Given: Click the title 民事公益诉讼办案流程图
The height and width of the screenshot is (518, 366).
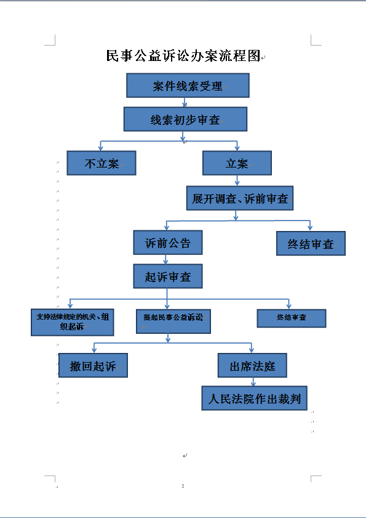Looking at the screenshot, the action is pos(183,55).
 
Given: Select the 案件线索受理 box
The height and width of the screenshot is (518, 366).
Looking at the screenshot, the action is pos(188,86).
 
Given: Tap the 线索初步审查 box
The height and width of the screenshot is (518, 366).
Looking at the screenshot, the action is pos(186,119).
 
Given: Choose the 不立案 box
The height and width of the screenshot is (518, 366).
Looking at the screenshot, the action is pos(101,163).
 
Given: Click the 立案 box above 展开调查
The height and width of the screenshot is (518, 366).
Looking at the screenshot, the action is pos(237,163).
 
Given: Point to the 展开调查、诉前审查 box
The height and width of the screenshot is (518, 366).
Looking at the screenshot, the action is pos(240,198).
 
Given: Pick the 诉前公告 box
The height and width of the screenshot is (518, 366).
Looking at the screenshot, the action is pos(168,243).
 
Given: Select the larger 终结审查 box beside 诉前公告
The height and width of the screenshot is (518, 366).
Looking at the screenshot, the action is pos(311,243).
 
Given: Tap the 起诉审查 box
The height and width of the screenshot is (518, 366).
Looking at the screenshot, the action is pos(168,276).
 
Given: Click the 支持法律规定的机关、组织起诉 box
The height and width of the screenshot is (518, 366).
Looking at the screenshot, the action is pos(72,322).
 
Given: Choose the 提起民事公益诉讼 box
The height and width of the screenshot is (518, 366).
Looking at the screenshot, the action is pos(173,322).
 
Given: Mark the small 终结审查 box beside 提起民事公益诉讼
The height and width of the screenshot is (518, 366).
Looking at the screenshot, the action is pos(292,318).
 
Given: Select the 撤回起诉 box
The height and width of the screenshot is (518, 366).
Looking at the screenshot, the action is pos(93,365).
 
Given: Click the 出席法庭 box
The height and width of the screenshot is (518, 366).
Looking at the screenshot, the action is pos(252,365).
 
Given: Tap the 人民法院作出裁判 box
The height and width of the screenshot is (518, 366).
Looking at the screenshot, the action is pos(255,398).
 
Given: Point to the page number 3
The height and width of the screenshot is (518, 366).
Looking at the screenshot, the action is pos(183,486).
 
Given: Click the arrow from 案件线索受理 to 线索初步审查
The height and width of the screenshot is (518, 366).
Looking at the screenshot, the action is pos(185,102).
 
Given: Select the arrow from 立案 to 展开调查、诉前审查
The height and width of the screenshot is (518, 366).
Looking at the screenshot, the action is pos(237,180).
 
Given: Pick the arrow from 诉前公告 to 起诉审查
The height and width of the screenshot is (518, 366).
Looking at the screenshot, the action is pos(165,259).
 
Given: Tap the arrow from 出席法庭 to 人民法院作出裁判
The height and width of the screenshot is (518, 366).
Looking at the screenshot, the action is pos(253,382).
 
